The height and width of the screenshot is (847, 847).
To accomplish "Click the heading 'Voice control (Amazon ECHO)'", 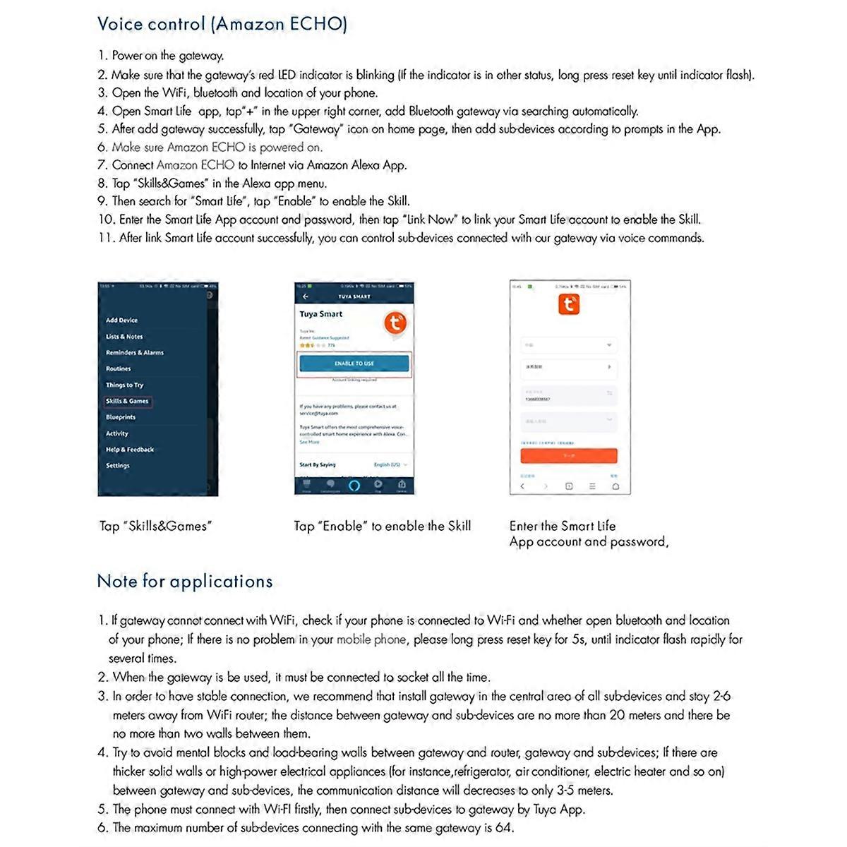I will pyautogui.click(x=222, y=24).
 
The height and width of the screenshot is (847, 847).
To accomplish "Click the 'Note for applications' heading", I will pyautogui.click(x=185, y=582).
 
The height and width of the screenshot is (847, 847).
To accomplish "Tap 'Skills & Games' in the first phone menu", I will pyautogui.click(x=128, y=401).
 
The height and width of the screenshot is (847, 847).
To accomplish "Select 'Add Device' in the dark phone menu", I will pyautogui.click(x=122, y=320).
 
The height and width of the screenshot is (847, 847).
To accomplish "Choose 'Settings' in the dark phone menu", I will pyautogui.click(x=118, y=466).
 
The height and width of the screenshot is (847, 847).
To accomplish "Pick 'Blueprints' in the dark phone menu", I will pyautogui.click(x=121, y=417).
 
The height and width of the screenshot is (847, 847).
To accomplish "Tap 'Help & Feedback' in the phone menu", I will pyautogui.click(x=130, y=450).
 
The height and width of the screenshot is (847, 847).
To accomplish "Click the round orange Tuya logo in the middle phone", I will pyautogui.click(x=395, y=323).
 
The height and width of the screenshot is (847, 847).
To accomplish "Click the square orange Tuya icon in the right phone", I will pyautogui.click(x=569, y=305).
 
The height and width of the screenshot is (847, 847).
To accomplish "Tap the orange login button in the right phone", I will pyautogui.click(x=569, y=456).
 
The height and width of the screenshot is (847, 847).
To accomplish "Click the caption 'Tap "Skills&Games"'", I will pyautogui.click(x=155, y=527).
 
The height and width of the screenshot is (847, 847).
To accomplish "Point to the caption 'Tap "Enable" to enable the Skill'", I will pyautogui.click(x=382, y=527).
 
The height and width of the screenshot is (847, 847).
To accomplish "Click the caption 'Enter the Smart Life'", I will pyautogui.click(x=563, y=527).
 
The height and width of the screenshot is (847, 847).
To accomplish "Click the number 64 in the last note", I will pyautogui.click(x=504, y=828).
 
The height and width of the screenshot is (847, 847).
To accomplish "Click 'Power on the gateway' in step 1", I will pyautogui.click(x=167, y=56).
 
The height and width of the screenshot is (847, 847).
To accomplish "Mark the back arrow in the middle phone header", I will pyautogui.click(x=306, y=297).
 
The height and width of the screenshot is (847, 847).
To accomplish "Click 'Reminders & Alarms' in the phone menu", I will pyautogui.click(x=135, y=353).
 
